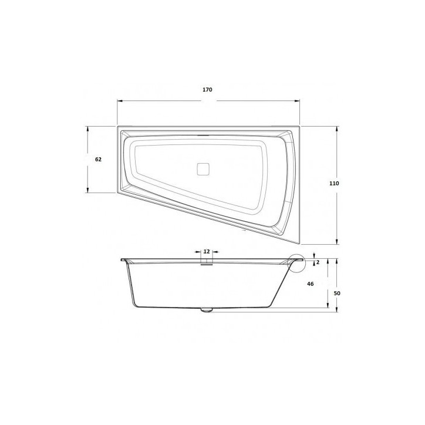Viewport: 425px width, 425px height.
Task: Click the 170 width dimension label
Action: (x=207, y=90)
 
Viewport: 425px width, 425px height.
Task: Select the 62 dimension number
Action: (x=98, y=160)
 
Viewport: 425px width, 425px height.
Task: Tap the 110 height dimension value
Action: (x=334, y=184)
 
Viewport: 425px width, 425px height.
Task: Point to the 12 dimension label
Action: (x=206, y=251)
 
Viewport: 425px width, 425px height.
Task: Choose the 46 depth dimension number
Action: (x=311, y=284)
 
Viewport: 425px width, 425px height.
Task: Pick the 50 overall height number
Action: (x=336, y=293)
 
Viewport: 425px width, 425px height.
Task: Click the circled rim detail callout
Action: (x=297, y=263)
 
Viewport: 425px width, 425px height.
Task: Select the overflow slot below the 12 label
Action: (x=206, y=263)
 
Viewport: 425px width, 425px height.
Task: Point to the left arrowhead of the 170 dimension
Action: (x=119, y=100)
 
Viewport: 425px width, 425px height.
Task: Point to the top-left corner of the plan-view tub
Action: (x=118, y=127)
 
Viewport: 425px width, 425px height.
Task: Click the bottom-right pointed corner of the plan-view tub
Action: (x=299, y=242)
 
